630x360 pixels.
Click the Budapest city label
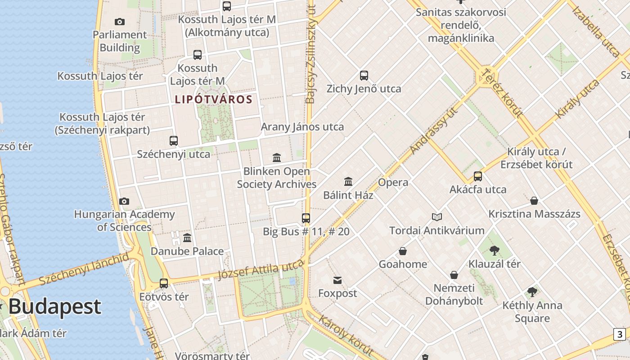tap(54, 307)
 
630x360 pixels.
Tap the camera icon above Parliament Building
tap(120, 22)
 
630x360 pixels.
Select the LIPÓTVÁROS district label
tap(213, 99)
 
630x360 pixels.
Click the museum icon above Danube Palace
tap(187, 238)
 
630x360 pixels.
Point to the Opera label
tap(393, 182)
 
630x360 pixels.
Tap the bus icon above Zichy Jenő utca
tap(364, 76)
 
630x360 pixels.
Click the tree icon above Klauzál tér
tap(494, 250)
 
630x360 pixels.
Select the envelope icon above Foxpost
tap(337, 280)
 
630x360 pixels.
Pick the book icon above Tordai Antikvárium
tap(436, 217)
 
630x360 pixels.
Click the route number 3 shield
tap(620, 334)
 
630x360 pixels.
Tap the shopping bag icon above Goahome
tap(403, 251)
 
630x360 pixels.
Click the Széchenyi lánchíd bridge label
tap(84, 269)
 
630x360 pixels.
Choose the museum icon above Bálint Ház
tap(348, 182)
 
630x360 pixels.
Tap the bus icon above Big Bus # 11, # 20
tap(306, 218)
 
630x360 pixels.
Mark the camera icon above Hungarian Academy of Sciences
tap(124, 201)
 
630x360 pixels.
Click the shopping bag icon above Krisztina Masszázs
tap(534, 201)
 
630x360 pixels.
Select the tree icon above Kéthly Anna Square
tap(532, 292)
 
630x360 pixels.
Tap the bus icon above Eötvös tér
tap(164, 283)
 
